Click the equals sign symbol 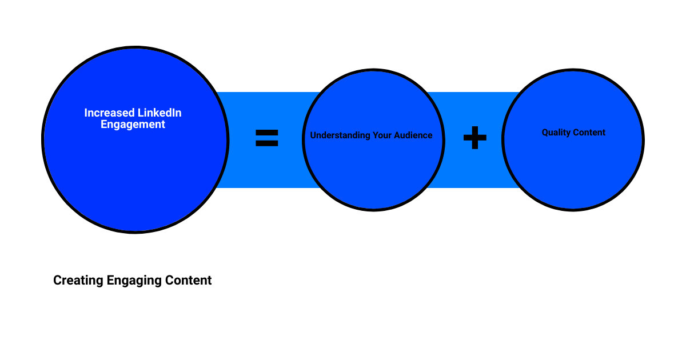266,138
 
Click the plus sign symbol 474,138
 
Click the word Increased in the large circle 108,113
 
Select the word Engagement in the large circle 133,124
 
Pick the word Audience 414,136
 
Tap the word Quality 556,133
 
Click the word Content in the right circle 589,133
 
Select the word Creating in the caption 78,281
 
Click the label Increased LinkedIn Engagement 133,118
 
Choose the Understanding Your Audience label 372,136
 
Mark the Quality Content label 573,133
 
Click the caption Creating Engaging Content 133,281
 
